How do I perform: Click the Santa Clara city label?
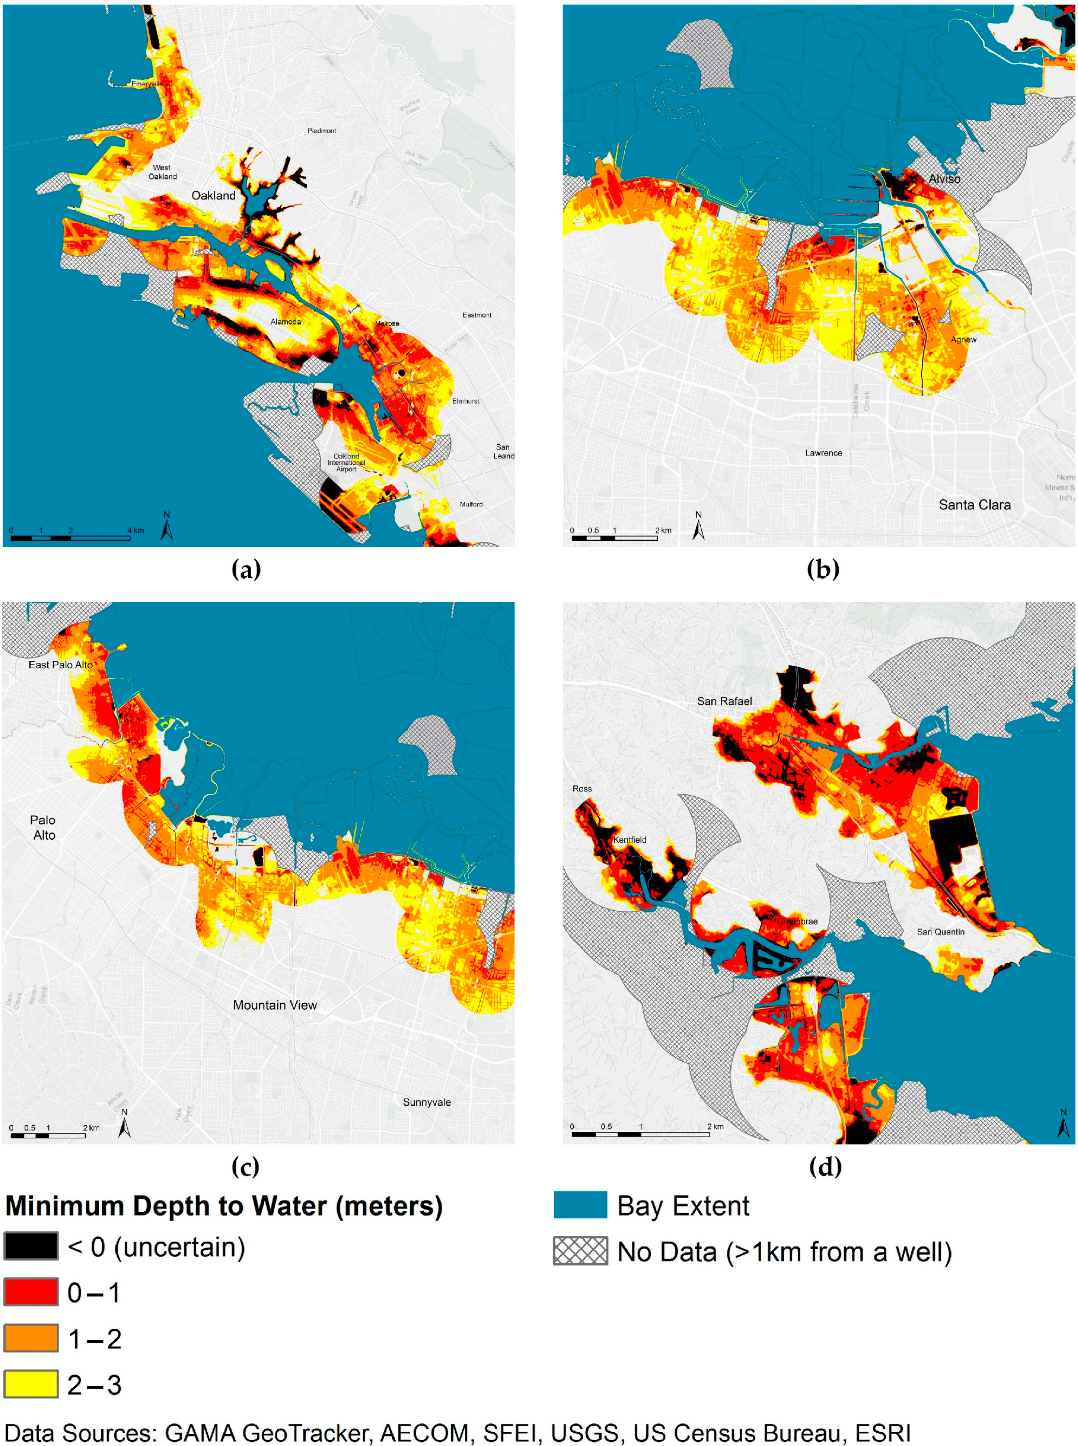point(974,505)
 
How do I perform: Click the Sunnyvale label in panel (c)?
point(427,1102)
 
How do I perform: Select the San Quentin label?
point(940,932)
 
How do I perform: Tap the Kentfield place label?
point(630,839)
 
